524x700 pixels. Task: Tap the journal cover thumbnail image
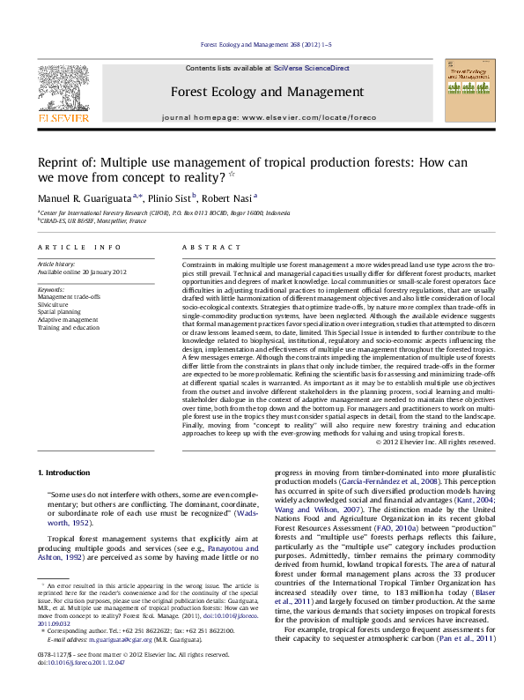tap(469, 93)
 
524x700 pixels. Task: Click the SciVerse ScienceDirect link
tap(311, 68)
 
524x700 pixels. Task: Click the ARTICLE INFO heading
tap(78, 248)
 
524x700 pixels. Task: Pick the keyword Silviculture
tap(54, 304)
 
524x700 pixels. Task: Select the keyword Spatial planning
tap(60, 311)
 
